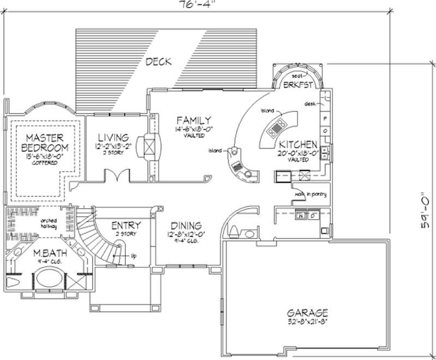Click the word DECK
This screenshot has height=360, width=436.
[x=158, y=62]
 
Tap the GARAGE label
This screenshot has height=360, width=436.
[x=308, y=313]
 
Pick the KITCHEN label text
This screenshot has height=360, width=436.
[x=298, y=145]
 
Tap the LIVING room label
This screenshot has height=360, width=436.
[x=113, y=138]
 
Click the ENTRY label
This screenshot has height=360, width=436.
[x=126, y=225]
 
